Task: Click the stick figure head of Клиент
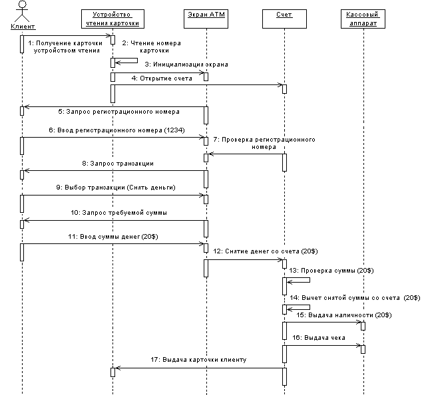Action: [21, 4]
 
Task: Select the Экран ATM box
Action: [206, 14]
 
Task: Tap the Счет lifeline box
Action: [284, 14]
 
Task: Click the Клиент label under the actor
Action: [22, 26]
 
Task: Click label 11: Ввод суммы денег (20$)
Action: [112, 236]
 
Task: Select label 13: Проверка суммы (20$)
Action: [336, 271]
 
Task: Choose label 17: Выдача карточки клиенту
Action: [198, 360]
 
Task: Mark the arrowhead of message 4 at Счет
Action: [279, 84]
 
